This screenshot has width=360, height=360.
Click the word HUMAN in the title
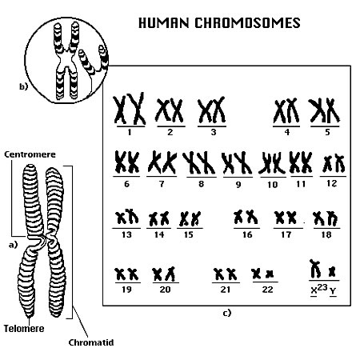pyautogui.click(x=163, y=22)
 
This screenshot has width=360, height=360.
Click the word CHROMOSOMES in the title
pyautogui.click(x=247, y=22)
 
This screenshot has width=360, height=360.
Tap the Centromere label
pyautogui.click(x=30, y=154)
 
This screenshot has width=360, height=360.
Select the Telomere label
pyautogui.click(x=24, y=328)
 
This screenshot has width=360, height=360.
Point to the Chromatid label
pyautogui.click(x=91, y=342)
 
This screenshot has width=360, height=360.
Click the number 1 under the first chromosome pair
pyautogui.click(x=130, y=132)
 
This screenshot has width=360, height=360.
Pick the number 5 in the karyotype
pyautogui.click(x=328, y=132)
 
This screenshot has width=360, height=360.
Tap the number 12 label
pyautogui.click(x=331, y=183)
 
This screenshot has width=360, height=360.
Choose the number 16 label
pyautogui.click(x=247, y=234)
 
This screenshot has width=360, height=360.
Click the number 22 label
pyautogui.click(x=267, y=290)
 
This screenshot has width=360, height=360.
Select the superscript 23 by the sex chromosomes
pyautogui.click(x=322, y=287)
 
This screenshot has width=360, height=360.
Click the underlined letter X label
pyautogui.click(x=314, y=291)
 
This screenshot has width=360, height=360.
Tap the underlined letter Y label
pyautogui.click(x=333, y=291)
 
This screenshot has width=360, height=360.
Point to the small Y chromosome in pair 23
pyautogui.click(x=332, y=271)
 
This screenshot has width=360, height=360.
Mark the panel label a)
pyautogui.click(x=13, y=245)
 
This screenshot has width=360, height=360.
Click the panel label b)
pyautogui.click(x=23, y=86)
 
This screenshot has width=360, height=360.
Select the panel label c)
pyautogui.click(x=226, y=313)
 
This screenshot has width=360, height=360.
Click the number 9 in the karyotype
pyautogui.click(x=238, y=184)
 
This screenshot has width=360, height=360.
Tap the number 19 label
pyautogui.click(x=126, y=290)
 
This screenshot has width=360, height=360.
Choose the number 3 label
pyautogui.click(x=214, y=132)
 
